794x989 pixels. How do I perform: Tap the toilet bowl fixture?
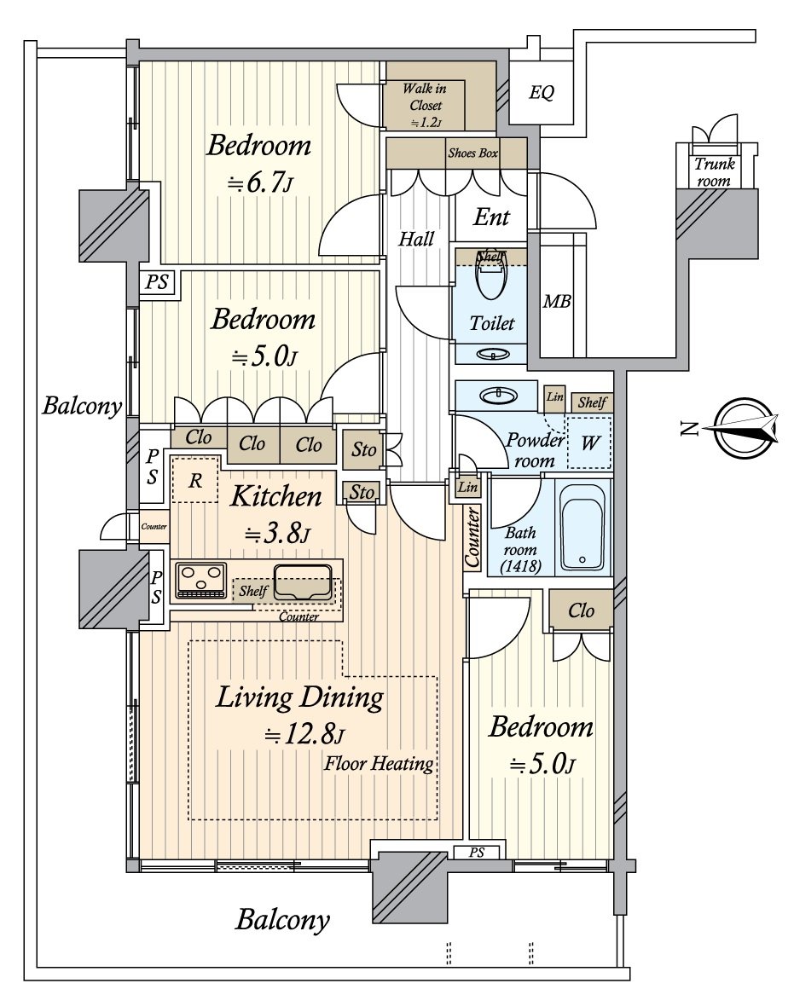click(491, 278)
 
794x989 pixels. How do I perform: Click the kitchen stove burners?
click(201, 580)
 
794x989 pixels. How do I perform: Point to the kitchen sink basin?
click(302, 581)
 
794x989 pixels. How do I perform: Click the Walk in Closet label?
click(425, 104)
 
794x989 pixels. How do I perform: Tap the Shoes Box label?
click(472, 153)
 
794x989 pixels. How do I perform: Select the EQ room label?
click(541, 93)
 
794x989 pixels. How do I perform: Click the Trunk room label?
click(715, 172)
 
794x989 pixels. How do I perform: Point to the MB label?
click(557, 302)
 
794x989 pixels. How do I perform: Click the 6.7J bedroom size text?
click(261, 183)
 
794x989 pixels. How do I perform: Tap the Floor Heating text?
click(379, 764)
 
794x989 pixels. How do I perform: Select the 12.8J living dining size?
click(304, 734)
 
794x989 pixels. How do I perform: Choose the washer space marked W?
click(588, 442)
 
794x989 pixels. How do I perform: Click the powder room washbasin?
click(499, 396)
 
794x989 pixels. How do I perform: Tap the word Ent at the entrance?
click(491, 217)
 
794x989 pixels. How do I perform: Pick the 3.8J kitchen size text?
click(278, 535)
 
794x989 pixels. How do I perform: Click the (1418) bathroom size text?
click(521, 566)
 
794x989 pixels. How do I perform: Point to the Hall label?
click(416, 239)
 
